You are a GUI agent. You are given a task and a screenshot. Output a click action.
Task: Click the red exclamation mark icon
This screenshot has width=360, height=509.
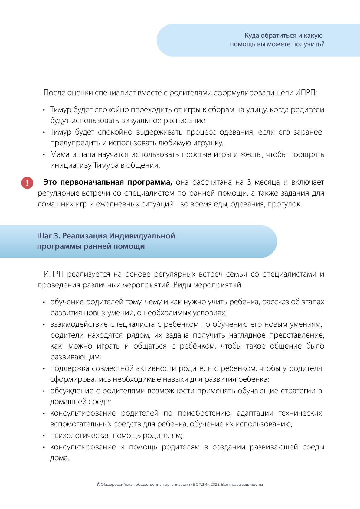(27, 183)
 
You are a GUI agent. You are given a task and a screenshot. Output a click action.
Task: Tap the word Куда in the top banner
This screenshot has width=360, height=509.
(252, 36)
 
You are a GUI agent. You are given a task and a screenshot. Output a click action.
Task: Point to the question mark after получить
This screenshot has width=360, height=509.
(322, 44)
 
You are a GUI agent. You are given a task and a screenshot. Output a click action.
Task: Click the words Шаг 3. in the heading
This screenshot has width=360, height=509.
(48, 236)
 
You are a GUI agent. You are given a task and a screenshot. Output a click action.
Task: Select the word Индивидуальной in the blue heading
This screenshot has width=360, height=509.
(142, 236)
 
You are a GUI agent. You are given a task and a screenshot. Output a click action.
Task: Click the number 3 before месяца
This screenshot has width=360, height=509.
(249, 182)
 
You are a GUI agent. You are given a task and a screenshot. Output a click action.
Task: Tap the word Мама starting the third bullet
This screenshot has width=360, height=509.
(60, 154)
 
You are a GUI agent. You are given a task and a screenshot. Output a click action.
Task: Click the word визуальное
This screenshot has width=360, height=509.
(141, 121)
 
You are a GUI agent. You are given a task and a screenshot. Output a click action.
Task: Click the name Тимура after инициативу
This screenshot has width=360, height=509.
(106, 165)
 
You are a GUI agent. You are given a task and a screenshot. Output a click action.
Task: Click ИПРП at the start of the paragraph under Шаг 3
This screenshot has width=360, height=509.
(54, 274)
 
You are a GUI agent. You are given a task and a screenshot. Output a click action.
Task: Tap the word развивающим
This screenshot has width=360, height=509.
(75, 357)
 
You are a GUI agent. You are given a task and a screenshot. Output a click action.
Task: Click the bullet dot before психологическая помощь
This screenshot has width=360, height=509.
(44, 436)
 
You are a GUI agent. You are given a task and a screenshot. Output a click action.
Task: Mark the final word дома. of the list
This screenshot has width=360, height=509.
(60, 458)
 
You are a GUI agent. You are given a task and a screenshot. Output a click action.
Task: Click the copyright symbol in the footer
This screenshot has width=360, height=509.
(98, 485)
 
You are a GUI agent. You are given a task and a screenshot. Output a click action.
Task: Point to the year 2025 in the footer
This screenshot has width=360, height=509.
(215, 485)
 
